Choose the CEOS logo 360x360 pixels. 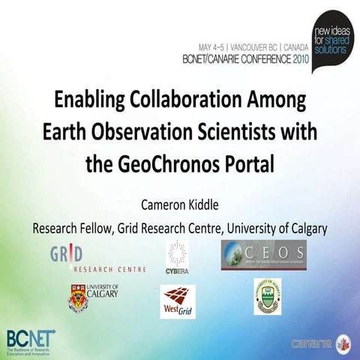point(262,255)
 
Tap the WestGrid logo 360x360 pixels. point(178,300)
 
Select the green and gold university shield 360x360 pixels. point(266,296)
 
